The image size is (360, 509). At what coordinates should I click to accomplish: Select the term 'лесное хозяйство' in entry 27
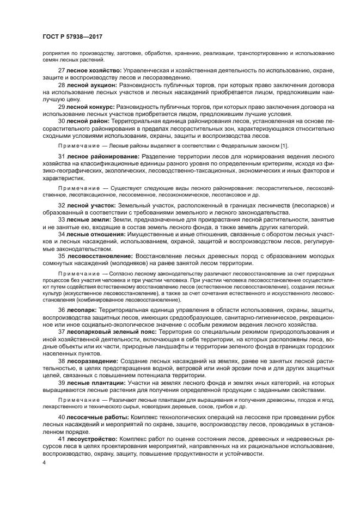(x=93, y=71)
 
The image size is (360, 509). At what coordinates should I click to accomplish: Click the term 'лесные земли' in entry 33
(x=88, y=220)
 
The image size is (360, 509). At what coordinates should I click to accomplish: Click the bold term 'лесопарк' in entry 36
(x=82, y=309)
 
